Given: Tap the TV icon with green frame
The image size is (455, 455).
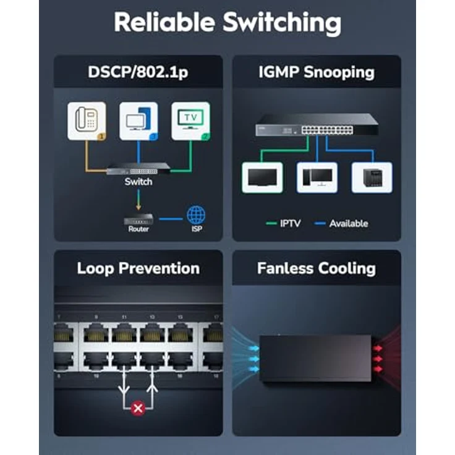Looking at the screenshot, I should (190, 120).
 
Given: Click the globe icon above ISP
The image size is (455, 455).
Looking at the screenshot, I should (196, 216).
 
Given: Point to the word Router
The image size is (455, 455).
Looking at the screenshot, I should (138, 229).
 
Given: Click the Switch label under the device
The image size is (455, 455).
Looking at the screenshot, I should (138, 182).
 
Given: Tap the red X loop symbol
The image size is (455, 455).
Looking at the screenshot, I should (138, 409).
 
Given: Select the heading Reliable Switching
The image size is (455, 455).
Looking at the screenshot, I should (228, 23).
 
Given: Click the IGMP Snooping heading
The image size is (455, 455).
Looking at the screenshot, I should (316, 72).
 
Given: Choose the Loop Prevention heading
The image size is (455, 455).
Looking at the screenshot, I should (138, 268).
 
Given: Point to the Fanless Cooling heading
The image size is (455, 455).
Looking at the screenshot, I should (316, 268).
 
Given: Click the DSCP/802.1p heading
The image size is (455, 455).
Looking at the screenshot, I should (138, 72).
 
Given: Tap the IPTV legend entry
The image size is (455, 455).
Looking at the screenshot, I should (284, 223).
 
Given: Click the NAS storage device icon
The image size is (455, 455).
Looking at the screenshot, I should (372, 177).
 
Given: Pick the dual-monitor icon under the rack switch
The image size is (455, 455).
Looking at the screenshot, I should (317, 177).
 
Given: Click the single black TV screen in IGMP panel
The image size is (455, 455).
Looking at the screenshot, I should (262, 177).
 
